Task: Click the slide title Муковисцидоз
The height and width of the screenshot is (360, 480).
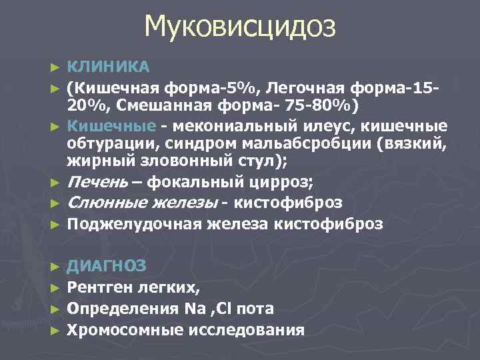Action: [240, 27]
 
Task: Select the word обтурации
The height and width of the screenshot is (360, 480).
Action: [109, 144]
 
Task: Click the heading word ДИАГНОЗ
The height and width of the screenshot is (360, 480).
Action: [108, 265]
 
